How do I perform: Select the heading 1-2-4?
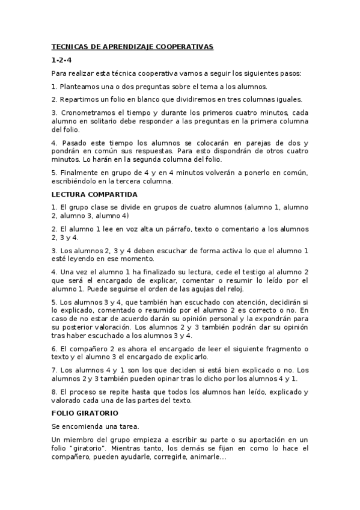[61, 60]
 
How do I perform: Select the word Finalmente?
[79, 173]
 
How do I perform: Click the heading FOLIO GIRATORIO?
[85, 413]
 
